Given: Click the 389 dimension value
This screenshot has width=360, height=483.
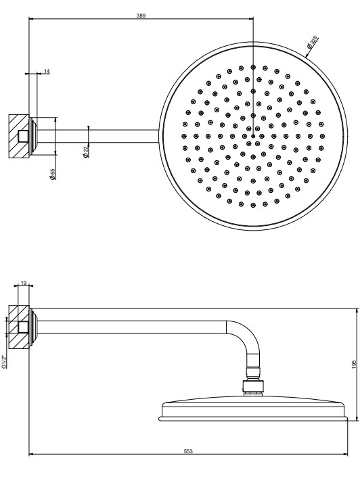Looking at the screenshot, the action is click(141, 16).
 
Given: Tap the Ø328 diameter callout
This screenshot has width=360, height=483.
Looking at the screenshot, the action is click(312, 42).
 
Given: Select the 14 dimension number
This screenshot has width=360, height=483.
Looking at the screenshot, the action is click(47, 72).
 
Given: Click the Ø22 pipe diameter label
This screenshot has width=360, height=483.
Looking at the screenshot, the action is click(86, 152).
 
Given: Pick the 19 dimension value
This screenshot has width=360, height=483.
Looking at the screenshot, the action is click(24, 283).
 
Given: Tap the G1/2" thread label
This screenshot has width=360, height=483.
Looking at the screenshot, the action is click(3, 362).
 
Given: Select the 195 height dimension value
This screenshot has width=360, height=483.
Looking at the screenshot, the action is click(354, 365).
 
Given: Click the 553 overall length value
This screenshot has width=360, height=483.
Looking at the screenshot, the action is click(188, 451).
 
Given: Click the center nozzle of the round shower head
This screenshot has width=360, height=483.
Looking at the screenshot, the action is click(253, 136).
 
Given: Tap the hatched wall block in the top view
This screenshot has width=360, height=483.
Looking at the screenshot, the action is click(19, 136).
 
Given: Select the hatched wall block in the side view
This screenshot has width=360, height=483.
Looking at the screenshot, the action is click(19, 327).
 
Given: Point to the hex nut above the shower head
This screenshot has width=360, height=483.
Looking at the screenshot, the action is click(253, 386).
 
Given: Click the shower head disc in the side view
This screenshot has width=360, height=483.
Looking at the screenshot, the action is click(253, 410).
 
